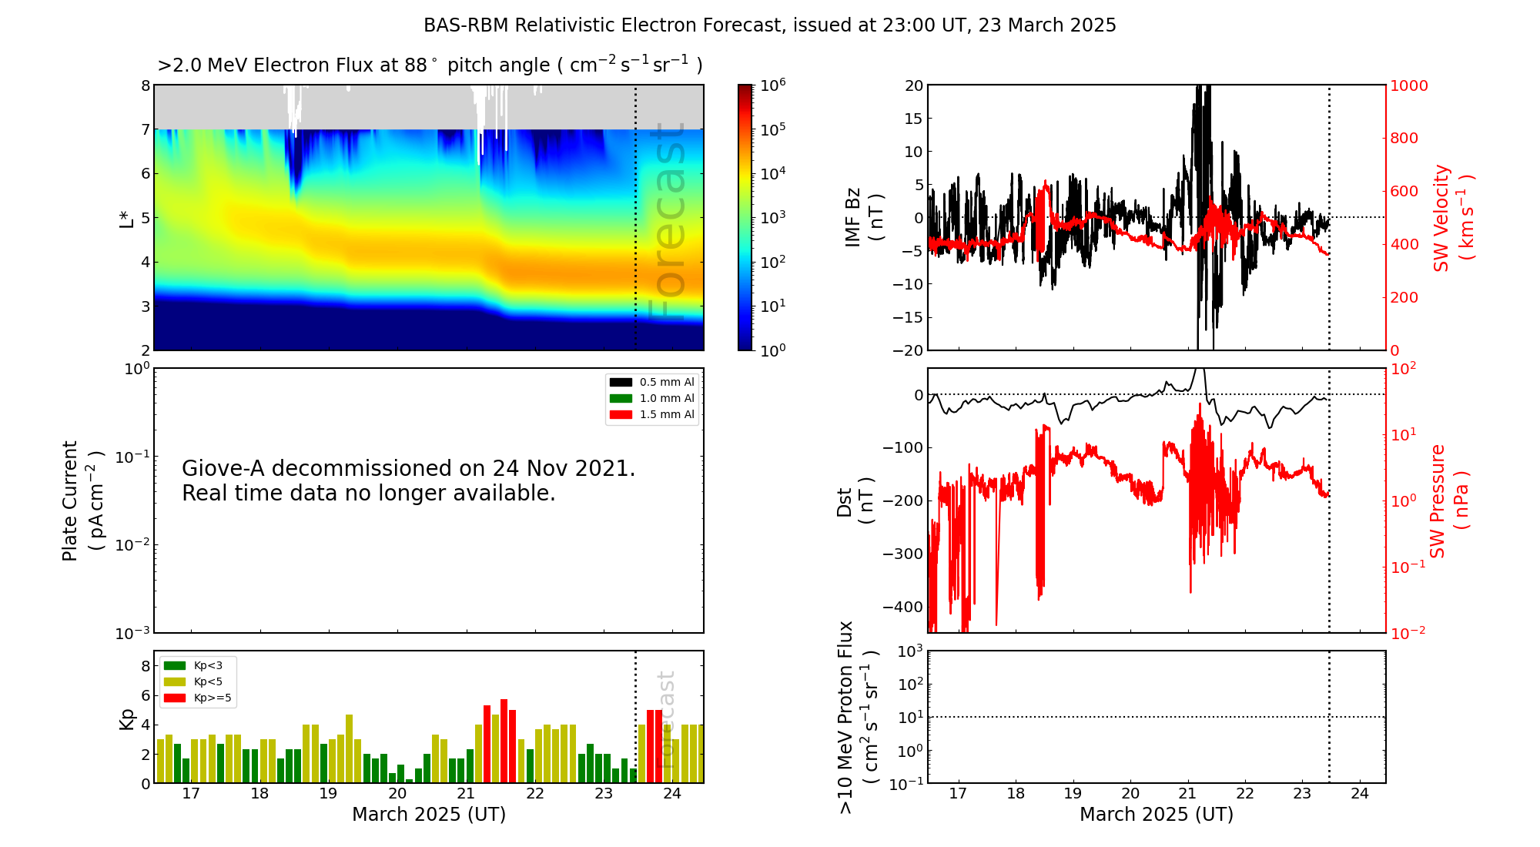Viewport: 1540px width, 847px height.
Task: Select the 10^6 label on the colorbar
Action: click(x=773, y=85)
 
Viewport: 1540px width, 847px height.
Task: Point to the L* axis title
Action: click(x=126, y=217)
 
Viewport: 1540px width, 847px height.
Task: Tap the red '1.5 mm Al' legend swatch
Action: click(x=621, y=414)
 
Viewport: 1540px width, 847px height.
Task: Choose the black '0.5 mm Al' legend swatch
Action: click(x=621, y=382)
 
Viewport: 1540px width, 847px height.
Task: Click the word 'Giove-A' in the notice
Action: click(x=223, y=468)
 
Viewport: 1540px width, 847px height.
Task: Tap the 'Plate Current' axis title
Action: click(x=70, y=500)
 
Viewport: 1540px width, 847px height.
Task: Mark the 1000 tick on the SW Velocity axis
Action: click(x=1408, y=85)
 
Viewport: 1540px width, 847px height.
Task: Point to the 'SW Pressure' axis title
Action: click(x=1438, y=500)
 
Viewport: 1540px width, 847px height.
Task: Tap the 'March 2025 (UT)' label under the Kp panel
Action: click(x=429, y=815)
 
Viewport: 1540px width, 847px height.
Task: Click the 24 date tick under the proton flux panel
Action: click(x=1360, y=794)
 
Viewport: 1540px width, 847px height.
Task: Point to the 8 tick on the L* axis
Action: click(x=146, y=85)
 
